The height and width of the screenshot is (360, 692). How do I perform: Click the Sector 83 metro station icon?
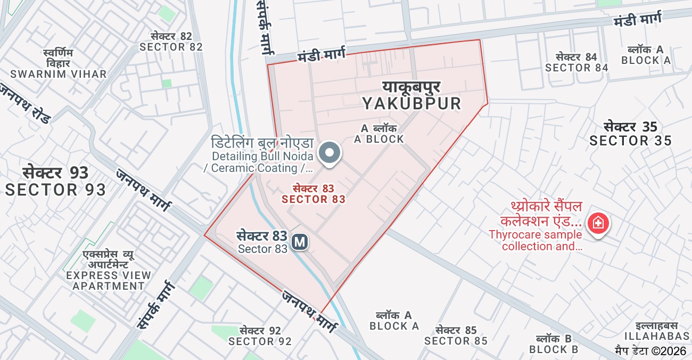[300, 242]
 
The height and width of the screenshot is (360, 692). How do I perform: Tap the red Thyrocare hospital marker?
[598, 223]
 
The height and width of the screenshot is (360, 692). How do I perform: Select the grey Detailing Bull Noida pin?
[329, 153]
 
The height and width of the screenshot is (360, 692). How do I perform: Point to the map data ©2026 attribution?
[650, 351]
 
